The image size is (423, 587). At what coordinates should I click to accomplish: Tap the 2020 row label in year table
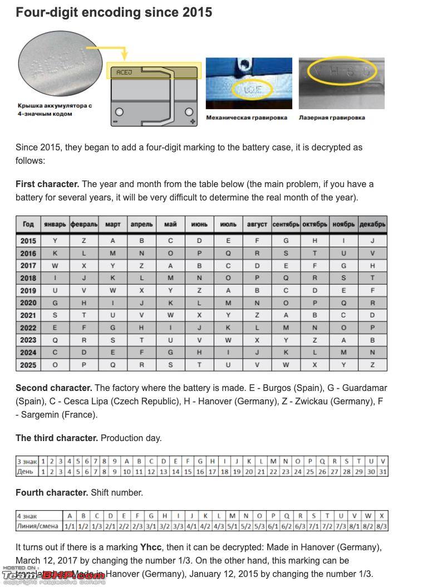tap(28, 303)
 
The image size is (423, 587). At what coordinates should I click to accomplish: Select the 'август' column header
tap(257, 224)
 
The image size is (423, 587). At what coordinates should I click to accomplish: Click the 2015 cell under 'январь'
tap(55, 241)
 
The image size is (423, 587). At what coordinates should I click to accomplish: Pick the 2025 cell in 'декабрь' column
tap(372, 365)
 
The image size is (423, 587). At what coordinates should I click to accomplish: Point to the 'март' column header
tap(112, 224)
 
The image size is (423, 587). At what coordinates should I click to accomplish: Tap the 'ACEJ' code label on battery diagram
tap(124, 72)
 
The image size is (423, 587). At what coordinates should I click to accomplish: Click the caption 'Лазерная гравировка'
tap(332, 118)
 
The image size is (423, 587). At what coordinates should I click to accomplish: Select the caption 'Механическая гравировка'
tap(247, 118)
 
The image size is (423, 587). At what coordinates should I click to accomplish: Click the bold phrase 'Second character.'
tap(53, 388)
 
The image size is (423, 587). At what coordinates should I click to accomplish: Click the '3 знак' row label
tap(27, 461)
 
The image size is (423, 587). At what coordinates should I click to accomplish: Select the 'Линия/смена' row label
tap(38, 526)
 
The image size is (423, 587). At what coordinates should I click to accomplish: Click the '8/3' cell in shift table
tap(382, 526)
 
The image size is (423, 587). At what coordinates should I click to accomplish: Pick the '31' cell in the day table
tap(382, 472)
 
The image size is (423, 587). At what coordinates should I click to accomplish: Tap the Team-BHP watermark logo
tap(53, 575)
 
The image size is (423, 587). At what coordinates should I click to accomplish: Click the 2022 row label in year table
tap(28, 327)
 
